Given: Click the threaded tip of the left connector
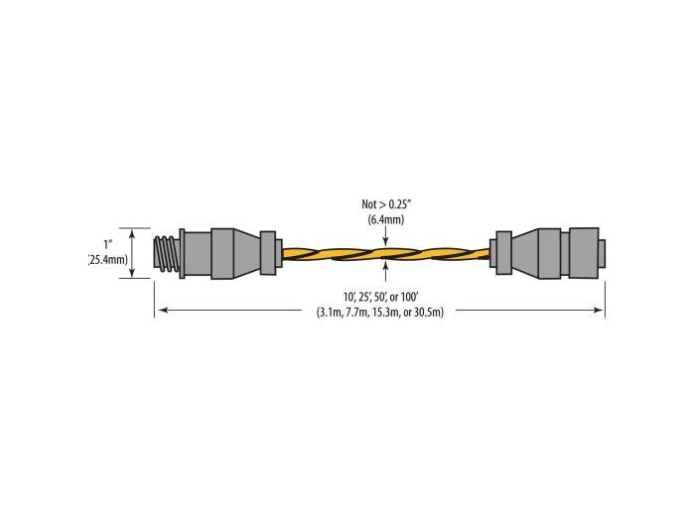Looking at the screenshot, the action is click(x=167, y=253).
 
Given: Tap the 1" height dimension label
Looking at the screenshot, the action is click(x=108, y=244).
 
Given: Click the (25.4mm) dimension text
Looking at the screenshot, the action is click(x=109, y=259).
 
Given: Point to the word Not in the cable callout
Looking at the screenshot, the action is click(x=368, y=204).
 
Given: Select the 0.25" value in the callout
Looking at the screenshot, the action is click(x=401, y=204).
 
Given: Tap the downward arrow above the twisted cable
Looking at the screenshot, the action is click(x=385, y=236).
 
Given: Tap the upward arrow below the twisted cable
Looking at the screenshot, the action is click(x=385, y=271).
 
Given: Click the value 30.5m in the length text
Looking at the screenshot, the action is click(x=429, y=313).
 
